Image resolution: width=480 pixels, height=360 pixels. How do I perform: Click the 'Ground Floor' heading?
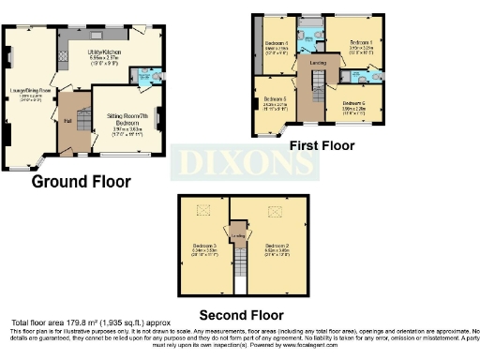pyautogui.click(x=82, y=182)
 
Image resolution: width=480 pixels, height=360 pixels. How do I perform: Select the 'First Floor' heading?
pyautogui.click(x=321, y=146)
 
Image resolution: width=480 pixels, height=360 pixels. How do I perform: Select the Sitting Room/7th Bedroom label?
pyautogui.click(x=126, y=119)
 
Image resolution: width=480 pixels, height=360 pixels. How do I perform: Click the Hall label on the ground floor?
pyautogui.click(x=67, y=120)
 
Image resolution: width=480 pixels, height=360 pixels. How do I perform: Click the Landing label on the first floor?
pyautogui.click(x=318, y=64)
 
